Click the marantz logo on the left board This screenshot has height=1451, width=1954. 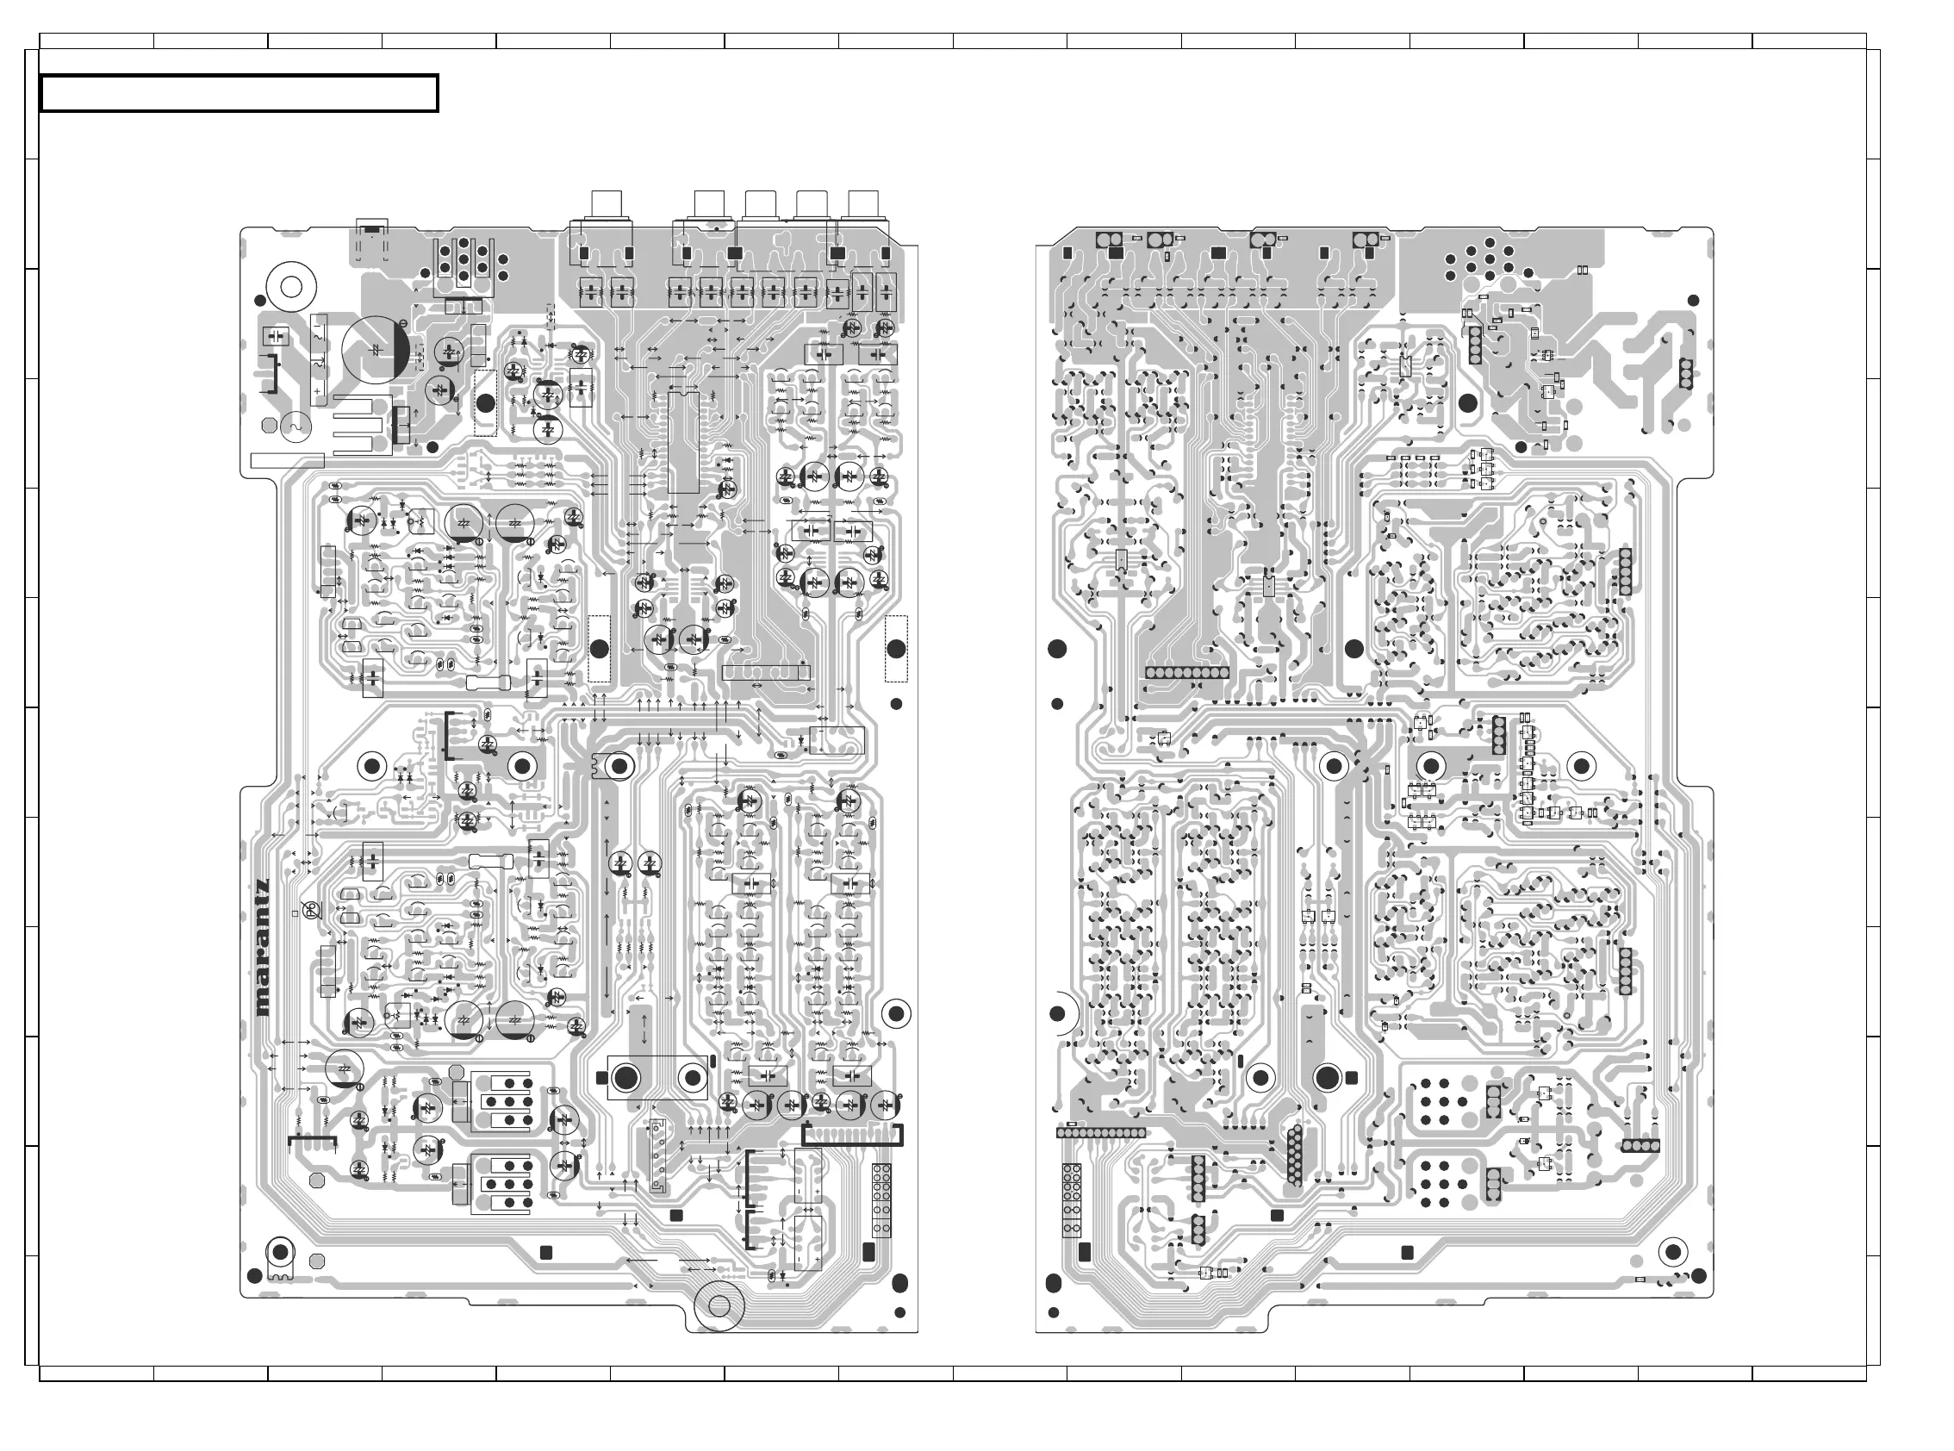[x=263, y=948]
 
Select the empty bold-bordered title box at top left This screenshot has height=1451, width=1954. [x=239, y=94]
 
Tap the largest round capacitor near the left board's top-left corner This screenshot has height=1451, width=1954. [x=376, y=350]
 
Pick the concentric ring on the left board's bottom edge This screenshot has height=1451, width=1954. [x=719, y=1306]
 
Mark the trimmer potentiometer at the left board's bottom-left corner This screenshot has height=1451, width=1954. [x=280, y=1254]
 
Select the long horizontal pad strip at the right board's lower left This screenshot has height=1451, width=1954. [x=1101, y=1133]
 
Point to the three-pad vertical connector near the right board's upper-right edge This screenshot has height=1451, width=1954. [x=1684, y=373]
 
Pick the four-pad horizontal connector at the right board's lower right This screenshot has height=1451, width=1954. [x=1640, y=1146]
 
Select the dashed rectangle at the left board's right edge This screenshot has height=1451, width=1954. [x=896, y=648]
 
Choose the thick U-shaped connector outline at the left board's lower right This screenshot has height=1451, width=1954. [x=852, y=1136]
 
